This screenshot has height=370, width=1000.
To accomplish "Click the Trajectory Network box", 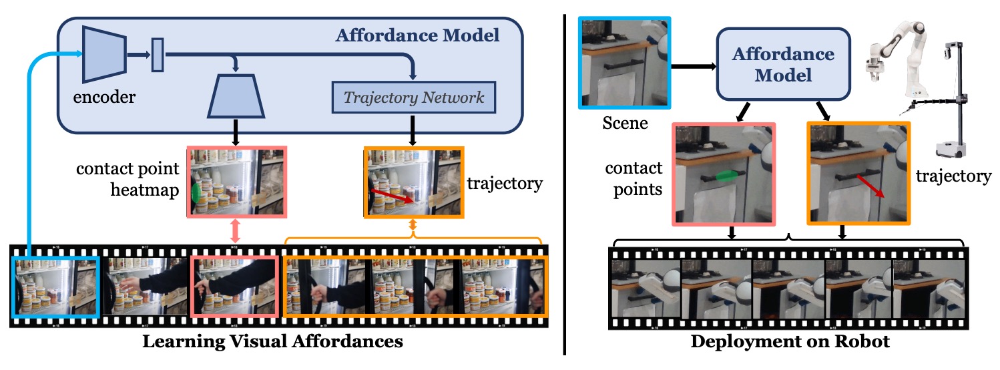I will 414,98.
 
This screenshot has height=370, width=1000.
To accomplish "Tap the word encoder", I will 104,98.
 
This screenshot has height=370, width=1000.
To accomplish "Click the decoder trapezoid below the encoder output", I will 237,94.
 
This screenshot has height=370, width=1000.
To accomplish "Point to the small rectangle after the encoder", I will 158,55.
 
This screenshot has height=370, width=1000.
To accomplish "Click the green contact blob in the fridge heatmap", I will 196,192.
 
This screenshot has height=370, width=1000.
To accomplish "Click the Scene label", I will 625,123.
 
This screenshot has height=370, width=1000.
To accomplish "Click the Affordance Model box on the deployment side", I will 783,65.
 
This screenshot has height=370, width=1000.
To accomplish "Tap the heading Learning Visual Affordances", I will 274,343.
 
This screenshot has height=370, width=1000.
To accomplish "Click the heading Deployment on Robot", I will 790,343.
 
